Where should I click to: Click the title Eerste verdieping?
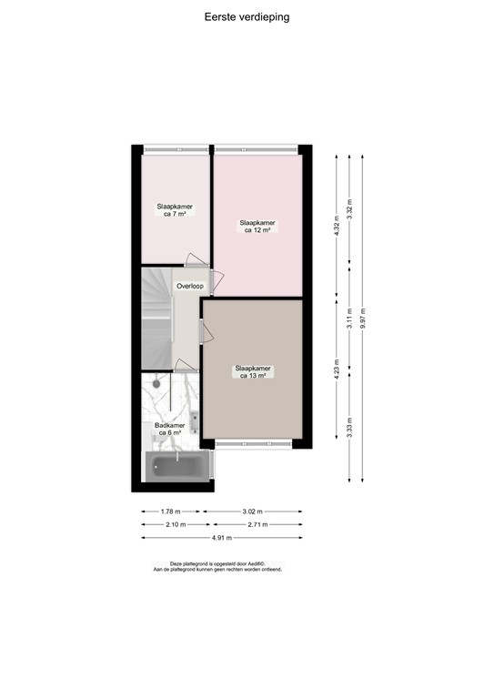(247, 16)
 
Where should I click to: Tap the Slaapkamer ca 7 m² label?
(170, 210)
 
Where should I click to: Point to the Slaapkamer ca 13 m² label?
(253, 372)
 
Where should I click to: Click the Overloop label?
(190, 286)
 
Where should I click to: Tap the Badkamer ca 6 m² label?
(170, 429)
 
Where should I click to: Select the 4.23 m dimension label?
(338, 370)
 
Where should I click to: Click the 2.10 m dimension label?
(175, 524)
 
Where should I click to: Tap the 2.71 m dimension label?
(257, 524)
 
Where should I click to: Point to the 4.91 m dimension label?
(222, 537)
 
